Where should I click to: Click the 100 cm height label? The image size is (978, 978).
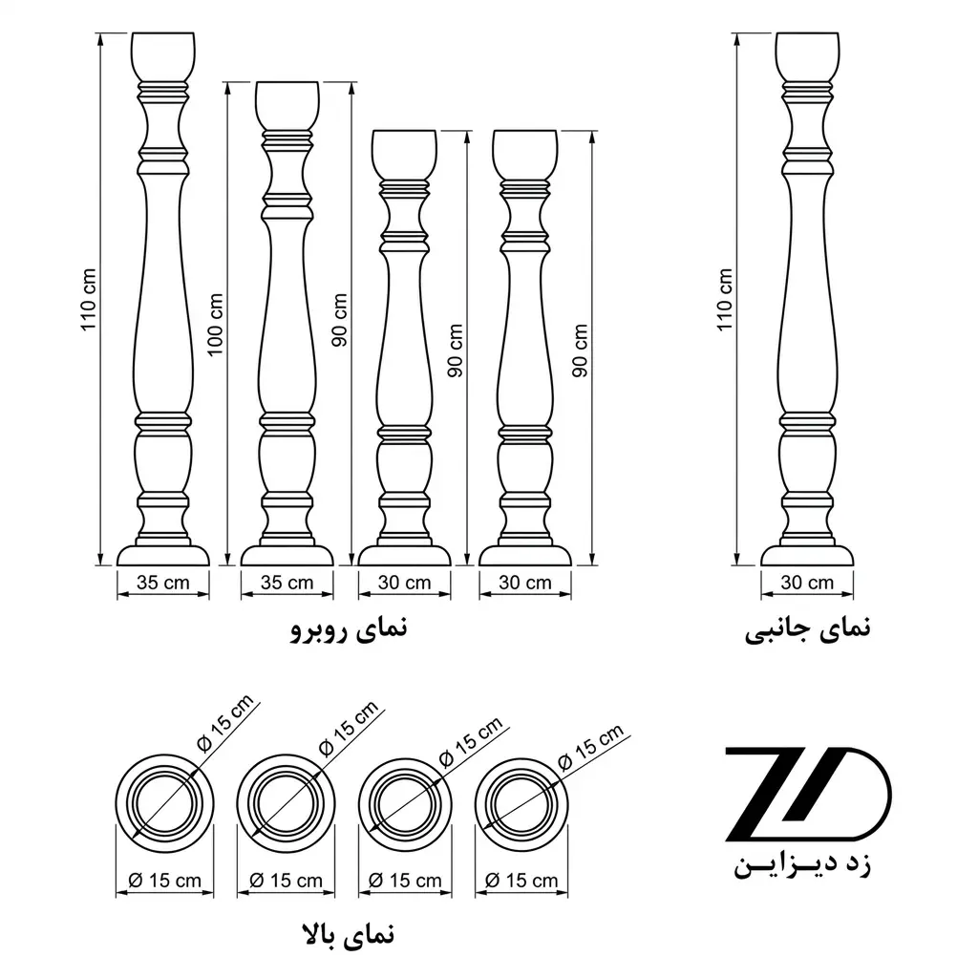(215, 325)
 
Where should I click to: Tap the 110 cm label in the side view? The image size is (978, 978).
(724, 299)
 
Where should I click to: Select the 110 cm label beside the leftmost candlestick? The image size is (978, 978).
(88, 299)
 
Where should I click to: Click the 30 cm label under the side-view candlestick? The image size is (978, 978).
(807, 583)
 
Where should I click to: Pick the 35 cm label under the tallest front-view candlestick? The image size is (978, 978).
(162, 583)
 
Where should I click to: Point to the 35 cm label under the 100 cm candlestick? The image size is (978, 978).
(287, 583)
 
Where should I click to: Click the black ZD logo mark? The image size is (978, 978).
(808, 794)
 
